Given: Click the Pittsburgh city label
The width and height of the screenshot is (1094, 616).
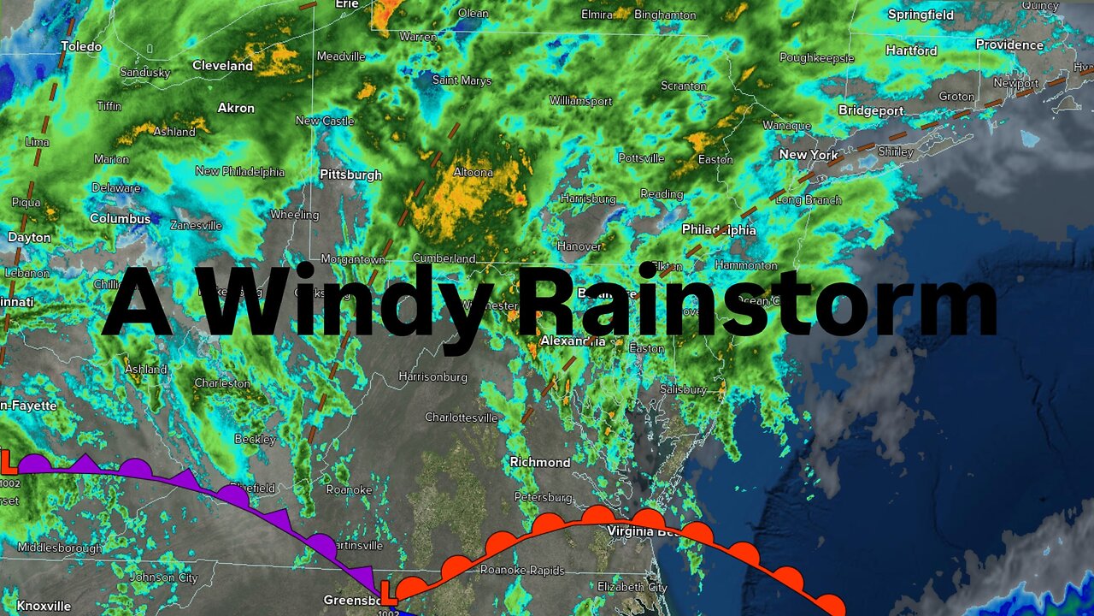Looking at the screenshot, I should [350, 175].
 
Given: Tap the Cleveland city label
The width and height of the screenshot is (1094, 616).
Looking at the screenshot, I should [222, 66].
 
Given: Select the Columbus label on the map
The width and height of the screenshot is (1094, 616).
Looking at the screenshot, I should [120, 219].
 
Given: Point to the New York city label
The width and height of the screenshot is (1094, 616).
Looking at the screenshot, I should [809, 155].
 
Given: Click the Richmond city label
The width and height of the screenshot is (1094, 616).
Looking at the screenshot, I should [540, 462].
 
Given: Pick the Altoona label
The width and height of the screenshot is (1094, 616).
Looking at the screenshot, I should [473, 172].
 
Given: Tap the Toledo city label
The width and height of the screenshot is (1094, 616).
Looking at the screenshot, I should [81, 46].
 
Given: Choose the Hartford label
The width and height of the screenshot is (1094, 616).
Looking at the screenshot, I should [911, 50].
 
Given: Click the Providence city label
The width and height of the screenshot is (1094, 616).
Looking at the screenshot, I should [1009, 44].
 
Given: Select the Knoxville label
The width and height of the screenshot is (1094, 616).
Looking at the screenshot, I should [44, 606].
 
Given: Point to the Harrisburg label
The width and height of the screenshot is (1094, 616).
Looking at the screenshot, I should [588, 198].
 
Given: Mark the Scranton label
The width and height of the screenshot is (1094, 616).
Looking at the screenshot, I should [684, 86].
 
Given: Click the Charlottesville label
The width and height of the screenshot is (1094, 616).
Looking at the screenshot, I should [462, 418].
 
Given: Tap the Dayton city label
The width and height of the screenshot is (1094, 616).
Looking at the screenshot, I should [29, 237].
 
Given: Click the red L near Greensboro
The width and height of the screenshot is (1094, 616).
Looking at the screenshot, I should [387, 592].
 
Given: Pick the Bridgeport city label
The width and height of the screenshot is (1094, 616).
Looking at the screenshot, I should [871, 110].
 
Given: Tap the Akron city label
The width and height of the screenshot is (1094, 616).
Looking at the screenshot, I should [236, 108].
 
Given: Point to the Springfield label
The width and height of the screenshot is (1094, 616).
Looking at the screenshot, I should [920, 15].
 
